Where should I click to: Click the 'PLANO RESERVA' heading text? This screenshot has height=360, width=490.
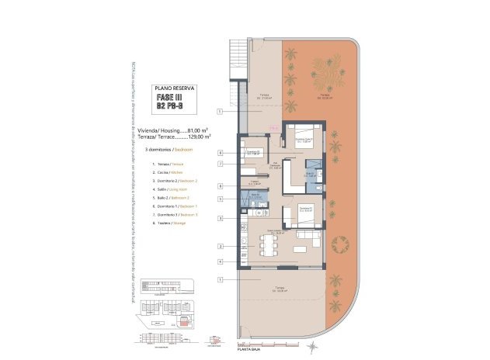[175, 88]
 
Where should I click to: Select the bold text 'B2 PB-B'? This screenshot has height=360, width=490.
[173, 106]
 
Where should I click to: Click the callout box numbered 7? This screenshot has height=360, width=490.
[221, 164]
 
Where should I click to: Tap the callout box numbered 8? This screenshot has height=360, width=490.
[221, 186]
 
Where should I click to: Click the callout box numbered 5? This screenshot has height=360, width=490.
[221, 199]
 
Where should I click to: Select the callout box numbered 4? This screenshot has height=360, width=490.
[221, 261]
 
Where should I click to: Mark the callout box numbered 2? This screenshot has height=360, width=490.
[221, 247]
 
